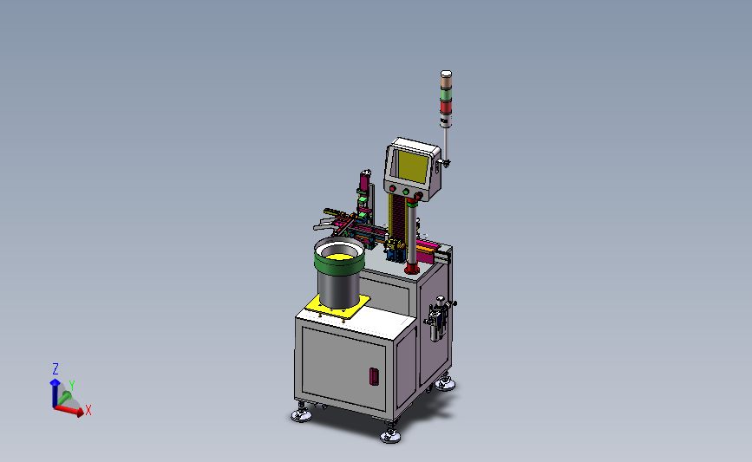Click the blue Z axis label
tap(56, 369)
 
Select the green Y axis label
tap(71, 386)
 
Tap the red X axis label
tap(88, 410)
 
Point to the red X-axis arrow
tap(69, 411)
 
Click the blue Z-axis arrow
tap(55, 393)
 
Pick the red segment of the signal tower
tap(446, 107)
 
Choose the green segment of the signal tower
tap(446, 94)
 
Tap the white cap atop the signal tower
tap(446, 74)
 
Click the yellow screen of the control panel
tap(413, 166)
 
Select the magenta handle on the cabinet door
tap(374, 376)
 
